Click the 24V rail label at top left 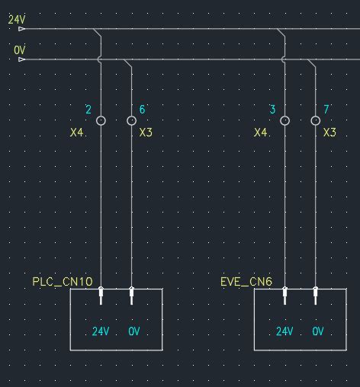pyautogui.click(x=16, y=19)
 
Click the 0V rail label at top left pyautogui.click(x=19, y=50)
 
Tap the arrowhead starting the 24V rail pyautogui.click(x=21, y=29)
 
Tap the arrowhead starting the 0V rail pyautogui.click(x=21, y=59)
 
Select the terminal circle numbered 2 pyautogui.click(x=101, y=120)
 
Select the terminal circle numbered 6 pyautogui.click(x=131, y=120)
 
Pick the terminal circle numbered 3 pyautogui.click(x=284, y=120)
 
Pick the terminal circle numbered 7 pyautogui.click(x=315, y=120)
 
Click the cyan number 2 pyautogui.click(x=88, y=110)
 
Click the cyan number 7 pyautogui.click(x=326, y=110)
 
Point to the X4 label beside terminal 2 pyautogui.click(x=76, y=133)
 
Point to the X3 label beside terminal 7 pyautogui.click(x=329, y=133)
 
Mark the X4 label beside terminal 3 pyautogui.click(x=261, y=133)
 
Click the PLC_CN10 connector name pyautogui.click(x=63, y=282)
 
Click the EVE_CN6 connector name pyautogui.click(x=246, y=282)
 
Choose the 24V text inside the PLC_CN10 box pyautogui.click(x=101, y=331)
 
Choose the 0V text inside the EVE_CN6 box pyautogui.click(x=318, y=331)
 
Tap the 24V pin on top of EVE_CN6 pyautogui.click(x=284, y=294)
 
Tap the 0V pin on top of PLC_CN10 pyautogui.click(x=131, y=294)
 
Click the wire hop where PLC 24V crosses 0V pyautogui.click(x=101, y=59)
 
